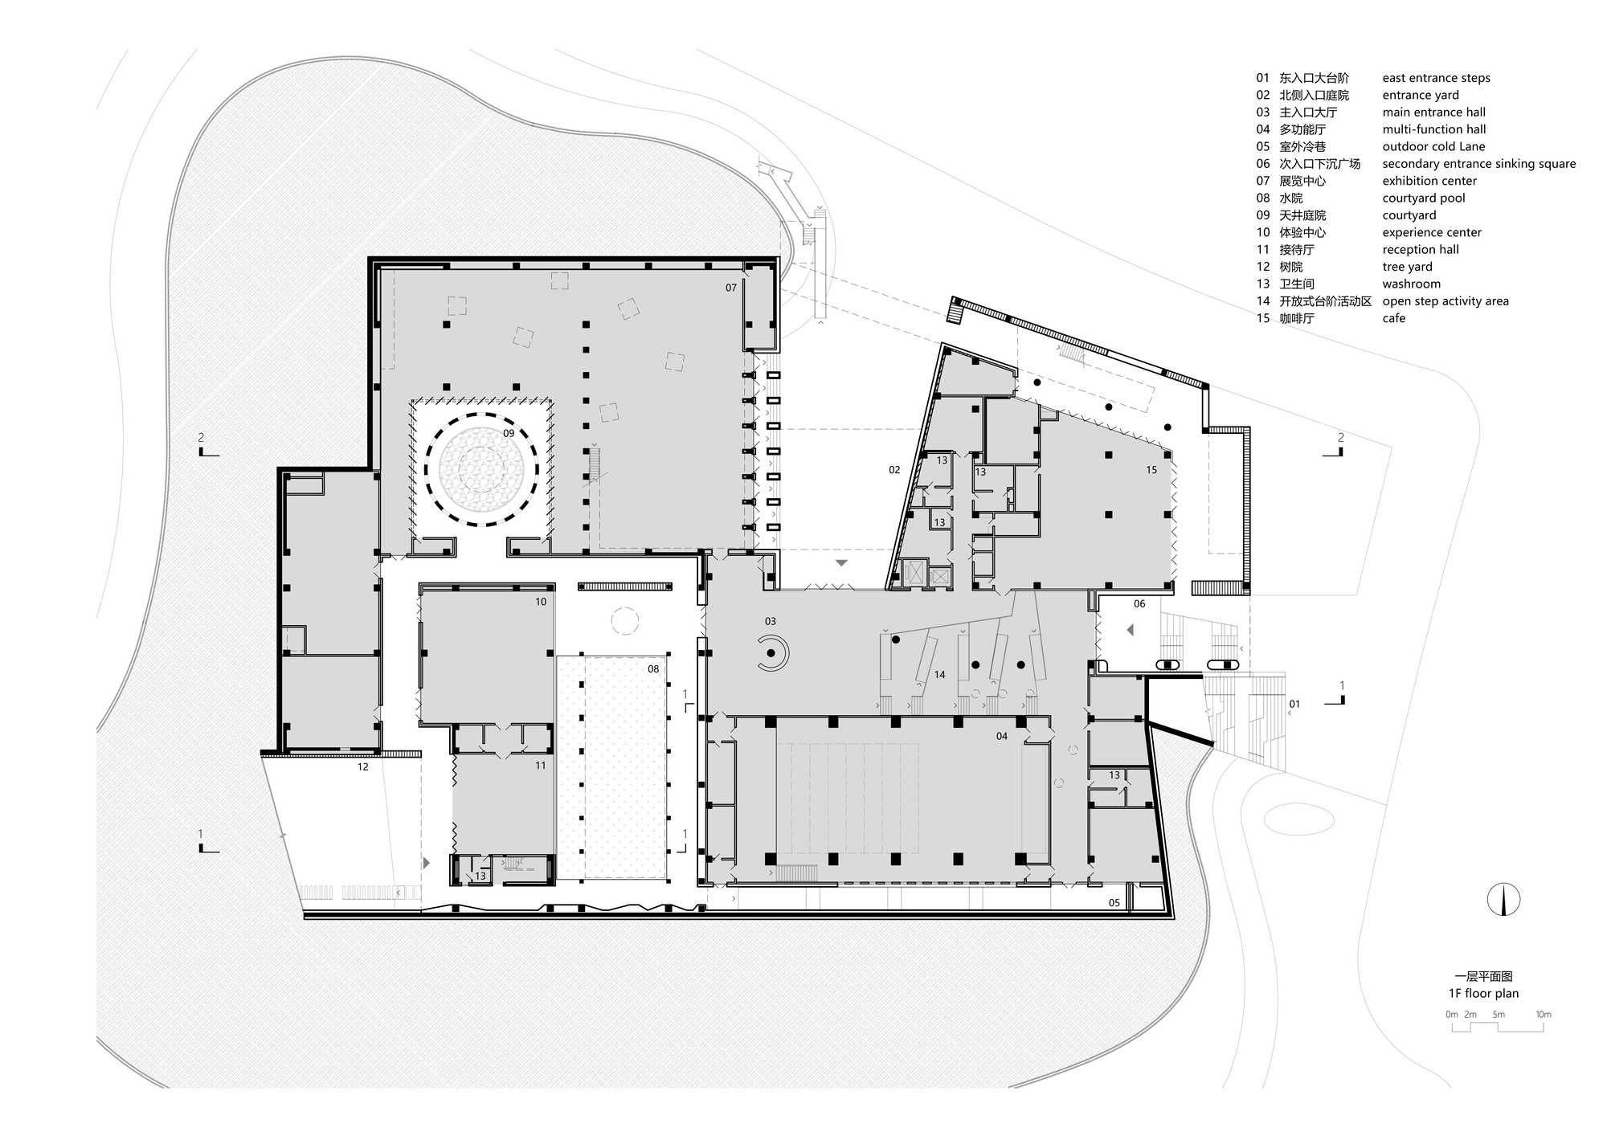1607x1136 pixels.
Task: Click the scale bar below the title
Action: pyautogui.click(x=1499, y=1026)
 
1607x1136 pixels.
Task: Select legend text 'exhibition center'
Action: pyautogui.click(x=1429, y=181)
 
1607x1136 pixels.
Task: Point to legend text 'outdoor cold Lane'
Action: pyautogui.click(x=1433, y=146)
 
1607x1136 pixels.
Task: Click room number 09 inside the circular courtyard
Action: pyautogui.click(x=509, y=433)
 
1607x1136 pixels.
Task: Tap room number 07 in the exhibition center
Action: pyautogui.click(x=730, y=288)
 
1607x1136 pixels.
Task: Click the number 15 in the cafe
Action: pyautogui.click(x=1151, y=470)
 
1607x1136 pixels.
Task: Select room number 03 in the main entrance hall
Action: pyautogui.click(x=770, y=621)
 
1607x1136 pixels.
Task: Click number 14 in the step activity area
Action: pyautogui.click(x=939, y=675)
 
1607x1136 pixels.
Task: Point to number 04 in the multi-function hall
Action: pyautogui.click(x=1001, y=736)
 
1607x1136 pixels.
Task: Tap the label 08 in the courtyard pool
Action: pyautogui.click(x=653, y=668)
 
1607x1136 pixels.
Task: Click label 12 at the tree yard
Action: pyautogui.click(x=362, y=767)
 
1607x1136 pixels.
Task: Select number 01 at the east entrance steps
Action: pyautogui.click(x=1294, y=704)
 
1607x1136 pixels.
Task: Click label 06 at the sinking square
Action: pyautogui.click(x=1139, y=603)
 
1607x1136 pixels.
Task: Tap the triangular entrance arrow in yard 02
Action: pyautogui.click(x=841, y=563)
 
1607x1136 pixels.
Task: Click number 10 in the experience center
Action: pyautogui.click(x=541, y=602)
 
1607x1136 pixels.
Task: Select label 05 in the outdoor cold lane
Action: pyautogui.click(x=1114, y=903)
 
